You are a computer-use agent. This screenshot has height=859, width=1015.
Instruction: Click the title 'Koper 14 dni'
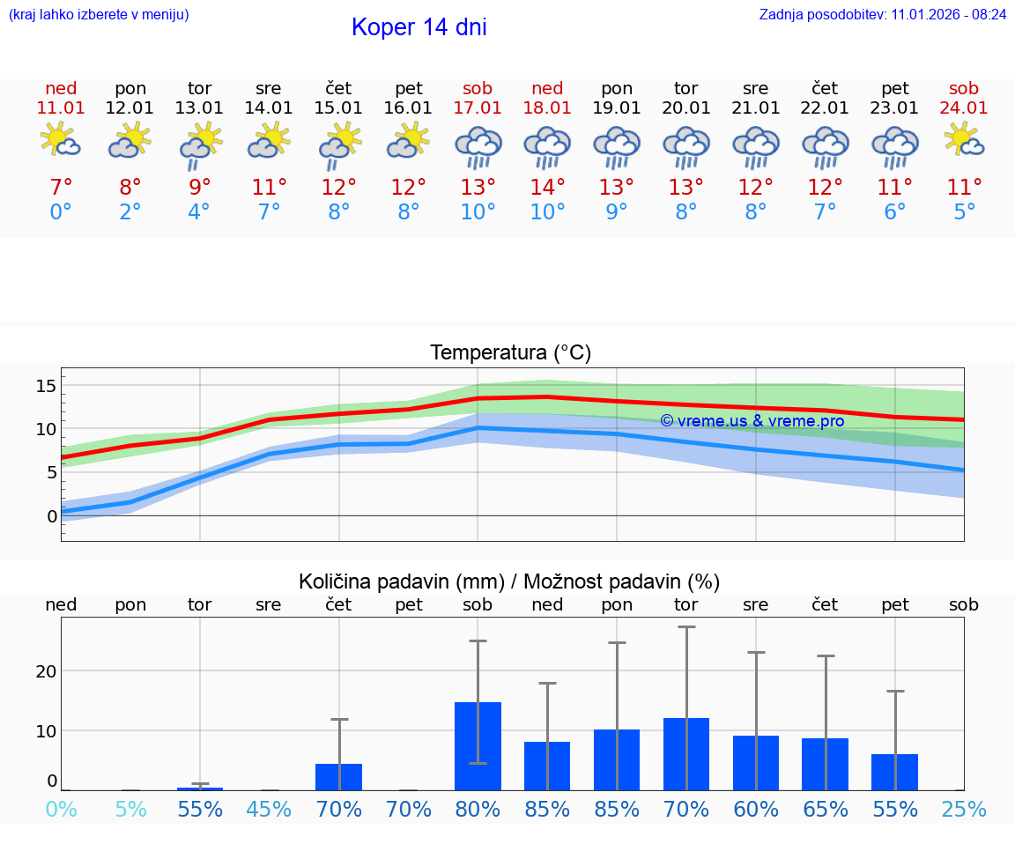coord(419,27)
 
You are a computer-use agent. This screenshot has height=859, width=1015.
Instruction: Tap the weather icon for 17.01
coord(478,146)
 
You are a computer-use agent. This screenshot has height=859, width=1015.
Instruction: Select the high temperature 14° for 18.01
coord(547,188)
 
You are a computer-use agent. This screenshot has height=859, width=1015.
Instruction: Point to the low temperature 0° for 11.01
coord(61,212)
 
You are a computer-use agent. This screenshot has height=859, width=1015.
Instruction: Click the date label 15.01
coord(338,107)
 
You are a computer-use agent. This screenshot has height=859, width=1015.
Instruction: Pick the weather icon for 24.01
coord(964,141)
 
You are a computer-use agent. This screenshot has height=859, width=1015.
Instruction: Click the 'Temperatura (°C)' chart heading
coord(510,353)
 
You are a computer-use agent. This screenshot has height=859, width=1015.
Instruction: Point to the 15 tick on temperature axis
coord(46,385)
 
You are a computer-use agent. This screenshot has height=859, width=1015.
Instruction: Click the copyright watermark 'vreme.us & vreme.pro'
coord(752,421)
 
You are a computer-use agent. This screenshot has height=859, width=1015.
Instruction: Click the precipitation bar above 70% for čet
coord(338,776)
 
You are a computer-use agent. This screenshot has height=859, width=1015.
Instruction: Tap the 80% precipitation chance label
coord(478,809)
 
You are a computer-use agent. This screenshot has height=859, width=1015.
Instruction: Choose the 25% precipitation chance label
coord(964,809)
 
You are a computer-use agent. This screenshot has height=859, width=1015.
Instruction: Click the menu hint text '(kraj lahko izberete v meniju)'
coord(99,15)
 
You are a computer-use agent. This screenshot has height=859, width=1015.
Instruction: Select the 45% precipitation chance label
coord(269,809)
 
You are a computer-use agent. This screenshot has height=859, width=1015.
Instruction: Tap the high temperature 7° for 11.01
coord(61,188)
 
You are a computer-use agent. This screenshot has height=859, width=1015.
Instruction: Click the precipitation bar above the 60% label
coord(755,762)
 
